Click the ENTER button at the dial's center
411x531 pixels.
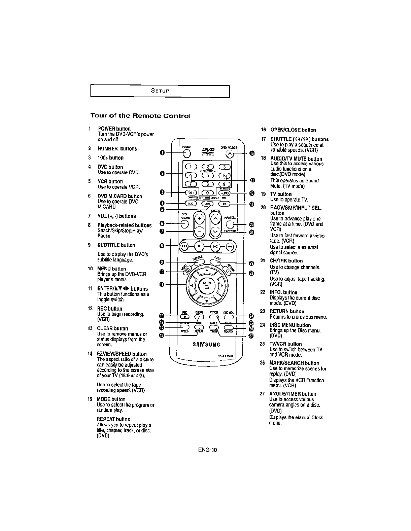coord(207,285)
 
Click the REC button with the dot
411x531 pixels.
coord(185,316)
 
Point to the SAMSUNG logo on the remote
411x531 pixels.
coord(206,344)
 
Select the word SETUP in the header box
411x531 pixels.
coord(160,91)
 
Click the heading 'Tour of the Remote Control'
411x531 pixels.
coord(140,116)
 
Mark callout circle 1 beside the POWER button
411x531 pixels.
coord(162,153)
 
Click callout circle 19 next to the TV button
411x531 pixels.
coord(252,204)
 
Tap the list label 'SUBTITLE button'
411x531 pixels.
coord(116,245)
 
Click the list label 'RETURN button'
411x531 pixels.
coord(287,311)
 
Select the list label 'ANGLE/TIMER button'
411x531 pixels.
coord(293,394)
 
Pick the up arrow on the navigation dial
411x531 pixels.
coord(207,271)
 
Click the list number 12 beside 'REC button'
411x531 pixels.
coord(90,309)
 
